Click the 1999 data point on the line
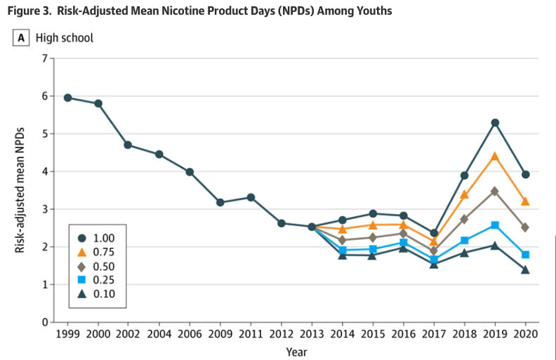67,98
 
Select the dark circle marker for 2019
495,123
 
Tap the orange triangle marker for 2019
495,156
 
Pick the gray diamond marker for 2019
495,191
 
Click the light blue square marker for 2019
495,225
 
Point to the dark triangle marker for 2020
525,269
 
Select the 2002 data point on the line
128,145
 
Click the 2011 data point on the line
251,198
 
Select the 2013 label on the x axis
312,334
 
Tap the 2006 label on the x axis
190,334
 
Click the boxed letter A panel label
21,38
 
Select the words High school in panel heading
65,38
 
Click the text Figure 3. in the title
32,11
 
